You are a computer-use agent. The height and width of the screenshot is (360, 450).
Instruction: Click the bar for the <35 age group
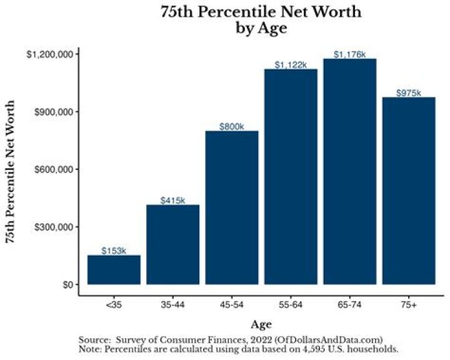[114, 269]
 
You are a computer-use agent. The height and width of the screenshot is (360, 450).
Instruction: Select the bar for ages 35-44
[172, 244]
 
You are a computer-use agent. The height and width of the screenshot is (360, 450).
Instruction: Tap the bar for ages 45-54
[231, 207]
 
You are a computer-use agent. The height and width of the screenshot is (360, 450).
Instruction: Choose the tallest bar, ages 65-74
[349, 171]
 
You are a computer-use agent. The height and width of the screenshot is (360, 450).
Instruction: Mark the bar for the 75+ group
[409, 191]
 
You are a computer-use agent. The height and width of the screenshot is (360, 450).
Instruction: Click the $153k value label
[114, 251]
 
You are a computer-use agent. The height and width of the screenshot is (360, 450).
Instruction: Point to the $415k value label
[172, 201]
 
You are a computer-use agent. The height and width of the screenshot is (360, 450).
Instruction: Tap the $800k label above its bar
[231, 127]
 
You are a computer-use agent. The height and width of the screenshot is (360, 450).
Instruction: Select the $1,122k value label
[291, 65]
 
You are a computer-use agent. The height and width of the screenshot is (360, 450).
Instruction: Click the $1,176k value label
[349, 55]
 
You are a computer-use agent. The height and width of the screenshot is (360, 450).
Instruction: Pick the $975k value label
[409, 93]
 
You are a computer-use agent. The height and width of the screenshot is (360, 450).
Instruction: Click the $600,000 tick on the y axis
[55, 169]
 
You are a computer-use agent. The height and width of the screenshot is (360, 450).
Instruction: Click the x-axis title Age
[261, 324]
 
